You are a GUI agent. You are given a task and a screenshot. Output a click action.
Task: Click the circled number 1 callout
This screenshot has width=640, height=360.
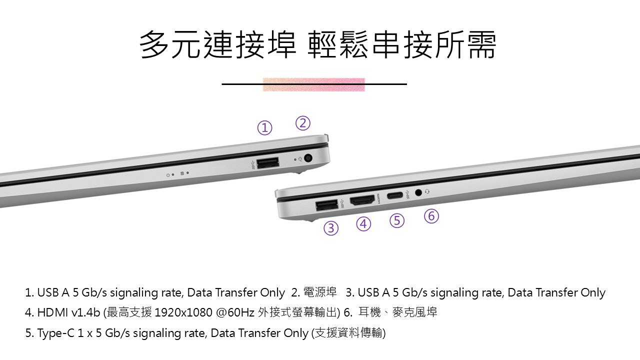[264, 127]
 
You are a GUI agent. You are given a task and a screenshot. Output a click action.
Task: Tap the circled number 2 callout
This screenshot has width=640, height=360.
[303, 123]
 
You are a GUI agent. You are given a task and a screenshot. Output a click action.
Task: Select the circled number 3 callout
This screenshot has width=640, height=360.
[331, 228]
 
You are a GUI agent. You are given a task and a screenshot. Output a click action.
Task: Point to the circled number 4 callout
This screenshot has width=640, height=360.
[363, 223]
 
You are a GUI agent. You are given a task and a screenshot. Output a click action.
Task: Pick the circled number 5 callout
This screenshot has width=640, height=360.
[397, 220]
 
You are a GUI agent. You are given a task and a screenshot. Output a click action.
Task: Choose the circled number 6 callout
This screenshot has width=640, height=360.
[431, 216]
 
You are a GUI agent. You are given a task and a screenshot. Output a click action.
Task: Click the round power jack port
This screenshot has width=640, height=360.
[307, 158]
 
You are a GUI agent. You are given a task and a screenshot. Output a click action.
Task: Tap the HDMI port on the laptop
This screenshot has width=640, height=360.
[362, 200]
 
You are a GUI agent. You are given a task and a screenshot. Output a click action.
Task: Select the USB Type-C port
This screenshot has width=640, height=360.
[395, 195]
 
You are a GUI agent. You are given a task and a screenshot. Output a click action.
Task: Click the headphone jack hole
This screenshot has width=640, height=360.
[418, 192]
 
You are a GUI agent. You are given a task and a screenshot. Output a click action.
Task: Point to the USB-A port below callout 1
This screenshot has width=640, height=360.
[267, 163]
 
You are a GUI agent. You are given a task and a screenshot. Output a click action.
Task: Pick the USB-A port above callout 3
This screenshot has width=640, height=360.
[327, 205]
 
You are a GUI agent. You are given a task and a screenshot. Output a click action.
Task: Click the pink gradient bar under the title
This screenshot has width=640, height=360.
[313, 84]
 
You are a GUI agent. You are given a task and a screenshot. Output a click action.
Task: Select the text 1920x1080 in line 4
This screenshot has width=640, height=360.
[183, 312]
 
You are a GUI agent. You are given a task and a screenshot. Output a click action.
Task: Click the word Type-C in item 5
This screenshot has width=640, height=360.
[55, 333]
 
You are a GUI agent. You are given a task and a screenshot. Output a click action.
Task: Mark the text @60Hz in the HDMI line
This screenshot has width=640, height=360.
[235, 312]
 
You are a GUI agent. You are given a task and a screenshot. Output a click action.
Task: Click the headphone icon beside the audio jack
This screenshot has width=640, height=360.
[427, 191]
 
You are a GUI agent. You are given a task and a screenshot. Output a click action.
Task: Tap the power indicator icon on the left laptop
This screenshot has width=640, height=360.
[168, 175]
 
